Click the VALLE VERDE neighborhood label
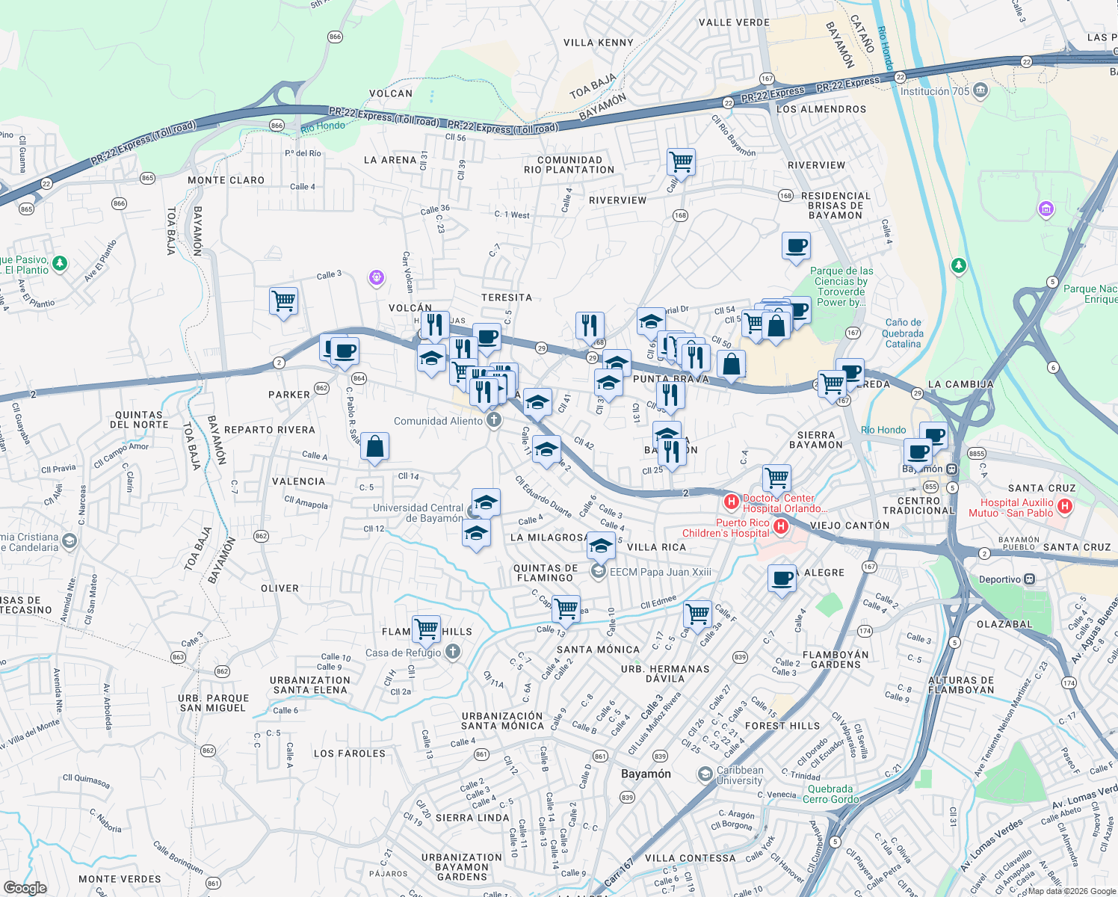click(734, 22)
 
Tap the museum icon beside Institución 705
click(980, 91)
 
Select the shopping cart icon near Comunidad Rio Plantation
click(681, 161)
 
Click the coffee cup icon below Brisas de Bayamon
click(796, 245)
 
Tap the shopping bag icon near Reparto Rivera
click(374, 447)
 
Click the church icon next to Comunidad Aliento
click(493, 421)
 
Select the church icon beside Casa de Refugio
click(452, 653)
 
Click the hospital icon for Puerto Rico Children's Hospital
click(780, 527)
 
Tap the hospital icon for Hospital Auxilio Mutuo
click(1065, 507)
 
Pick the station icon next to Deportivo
click(1030, 579)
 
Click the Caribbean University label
click(739, 775)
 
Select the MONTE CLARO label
click(226, 180)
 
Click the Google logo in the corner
click(25, 887)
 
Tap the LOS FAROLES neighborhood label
click(349, 753)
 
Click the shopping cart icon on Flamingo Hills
click(426, 629)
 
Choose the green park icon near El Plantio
click(60, 263)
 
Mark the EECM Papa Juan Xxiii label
click(660, 572)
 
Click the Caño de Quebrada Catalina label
click(903, 333)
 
